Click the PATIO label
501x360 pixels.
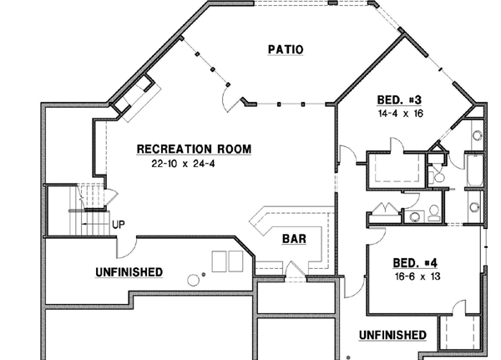[286, 49]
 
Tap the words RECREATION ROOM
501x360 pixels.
[194, 150]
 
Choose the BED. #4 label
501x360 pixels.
[415, 260]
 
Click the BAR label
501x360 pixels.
[293, 239]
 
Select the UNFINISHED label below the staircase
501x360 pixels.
[129, 272]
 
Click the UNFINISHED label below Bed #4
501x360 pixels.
[392, 335]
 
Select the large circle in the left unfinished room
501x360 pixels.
[194, 280]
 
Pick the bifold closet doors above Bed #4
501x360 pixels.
[385, 210]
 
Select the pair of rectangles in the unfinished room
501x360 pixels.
[227, 261]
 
